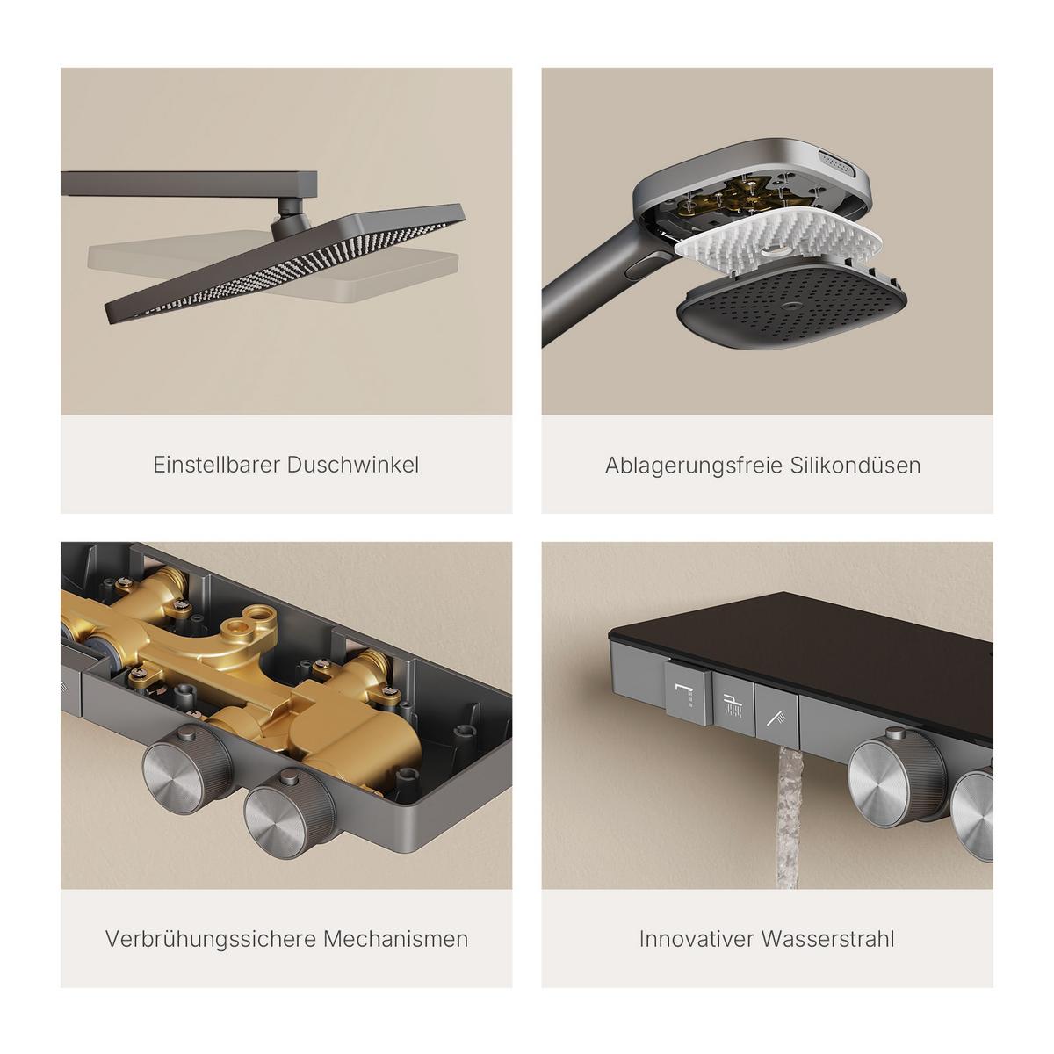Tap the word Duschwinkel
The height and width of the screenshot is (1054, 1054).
[x=353, y=465]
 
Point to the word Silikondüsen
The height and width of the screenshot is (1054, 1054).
[x=855, y=466]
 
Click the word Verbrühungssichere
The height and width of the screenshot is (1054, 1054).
[x=209, y=940]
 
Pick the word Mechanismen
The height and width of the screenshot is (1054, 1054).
[x=396, y=939]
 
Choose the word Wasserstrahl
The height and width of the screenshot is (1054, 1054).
[x=828, y=939]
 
